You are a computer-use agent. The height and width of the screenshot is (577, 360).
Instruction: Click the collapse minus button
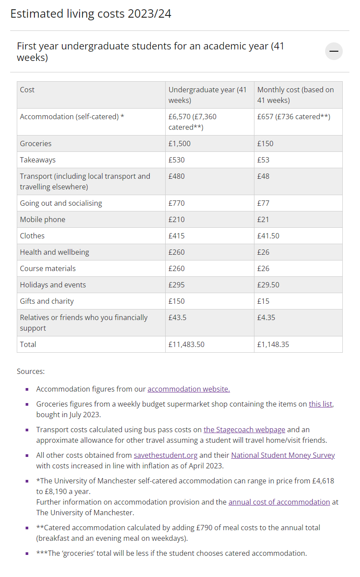point(333,51)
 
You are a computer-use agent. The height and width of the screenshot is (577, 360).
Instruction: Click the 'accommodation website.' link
point(189,389)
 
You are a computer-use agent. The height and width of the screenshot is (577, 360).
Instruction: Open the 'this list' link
point(320,404)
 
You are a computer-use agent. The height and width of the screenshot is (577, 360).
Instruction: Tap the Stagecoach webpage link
point(244,430)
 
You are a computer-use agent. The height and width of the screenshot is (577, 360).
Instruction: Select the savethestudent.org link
point(166,455)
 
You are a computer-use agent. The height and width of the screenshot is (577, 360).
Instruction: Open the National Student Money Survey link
point(283,455)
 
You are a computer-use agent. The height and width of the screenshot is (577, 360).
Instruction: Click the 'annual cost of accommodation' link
point(279,502)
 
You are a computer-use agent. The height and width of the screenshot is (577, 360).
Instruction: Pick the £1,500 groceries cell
point(180,143)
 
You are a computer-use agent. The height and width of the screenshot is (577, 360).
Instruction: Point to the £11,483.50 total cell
point(186,344)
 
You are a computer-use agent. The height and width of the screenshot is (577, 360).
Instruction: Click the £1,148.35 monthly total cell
point(273,344)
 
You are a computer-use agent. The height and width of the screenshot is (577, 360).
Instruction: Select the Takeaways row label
point(38,160)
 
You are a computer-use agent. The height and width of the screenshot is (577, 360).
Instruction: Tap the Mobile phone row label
point(42,219)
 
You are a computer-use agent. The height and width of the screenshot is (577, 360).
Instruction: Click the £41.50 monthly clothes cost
point(268,236)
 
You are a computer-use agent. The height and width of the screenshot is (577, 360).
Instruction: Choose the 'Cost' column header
point(27,90)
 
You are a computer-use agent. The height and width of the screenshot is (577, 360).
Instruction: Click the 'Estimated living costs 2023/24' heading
point(91,14)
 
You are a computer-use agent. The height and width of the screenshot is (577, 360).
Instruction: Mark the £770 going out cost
point(177,203)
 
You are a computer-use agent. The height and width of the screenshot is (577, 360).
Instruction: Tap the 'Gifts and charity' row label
point(47,301)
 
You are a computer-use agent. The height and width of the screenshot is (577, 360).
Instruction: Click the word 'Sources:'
point(30,371)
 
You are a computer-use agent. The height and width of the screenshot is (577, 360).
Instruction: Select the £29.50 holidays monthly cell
point(268,285)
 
